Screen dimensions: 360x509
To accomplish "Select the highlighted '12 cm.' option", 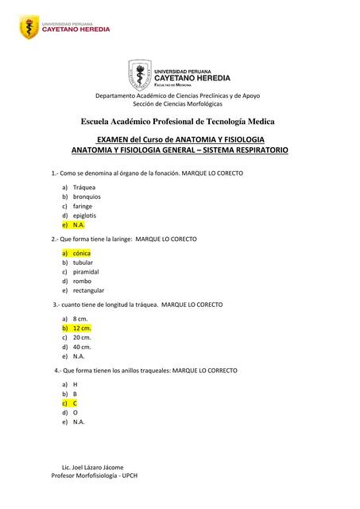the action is tap(82, 328).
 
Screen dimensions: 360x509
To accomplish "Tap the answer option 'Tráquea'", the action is tap(85, 187).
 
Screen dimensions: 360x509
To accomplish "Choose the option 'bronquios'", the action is tap(87, 196).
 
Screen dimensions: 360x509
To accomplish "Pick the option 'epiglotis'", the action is tap(85, 216).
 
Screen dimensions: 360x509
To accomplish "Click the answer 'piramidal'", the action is tap(86, 271).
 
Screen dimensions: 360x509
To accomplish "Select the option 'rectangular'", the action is tap(88, 290).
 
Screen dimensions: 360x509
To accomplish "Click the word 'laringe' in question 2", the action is tap(120, 239).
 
